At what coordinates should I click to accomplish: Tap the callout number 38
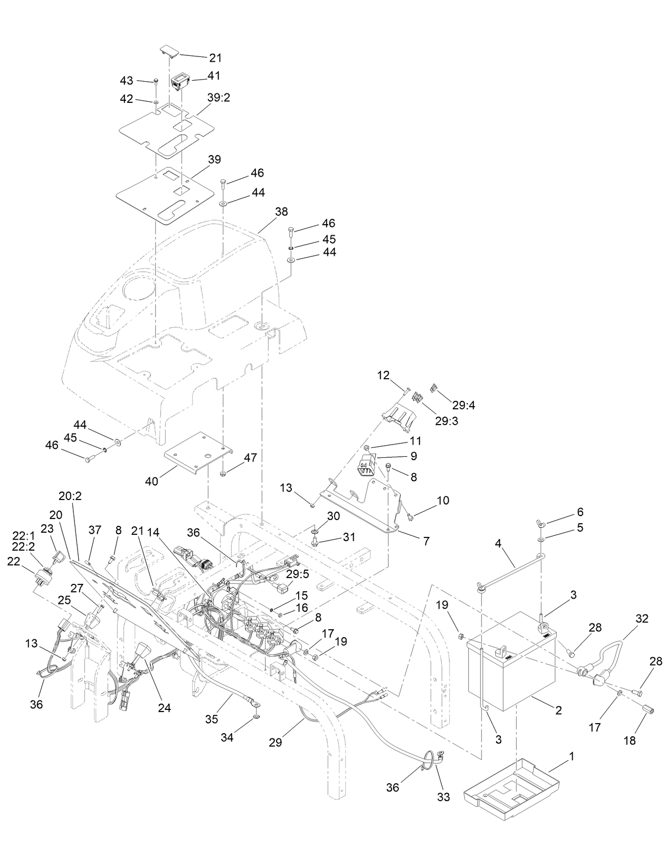pyautogui.click(x=281, y=212)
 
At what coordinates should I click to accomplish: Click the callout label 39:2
pyautogui.click(x=219, y=99)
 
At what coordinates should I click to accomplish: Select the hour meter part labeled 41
pyautogui.click(x=179, y=81)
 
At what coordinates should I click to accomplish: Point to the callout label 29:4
pyautogui.click(x=463, y=405)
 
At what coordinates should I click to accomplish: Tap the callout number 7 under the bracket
pyautogui.click(x=425, y=541)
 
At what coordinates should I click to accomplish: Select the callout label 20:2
pyautogui.click(x=70, y=496)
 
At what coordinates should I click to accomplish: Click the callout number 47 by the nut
pyautogui.click(x=250, y=458)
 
